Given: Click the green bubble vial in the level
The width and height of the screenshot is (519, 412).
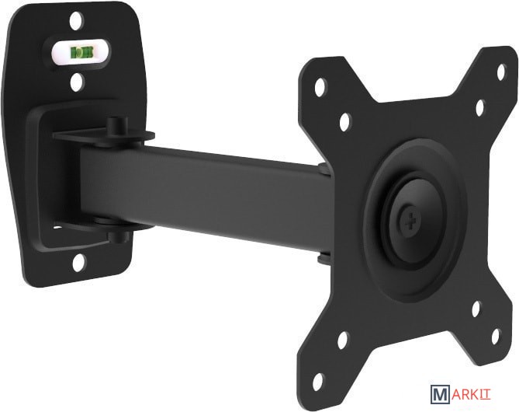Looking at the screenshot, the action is (x=81, y=52).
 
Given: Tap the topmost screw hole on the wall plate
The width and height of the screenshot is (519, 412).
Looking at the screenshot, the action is (x=77, y=20).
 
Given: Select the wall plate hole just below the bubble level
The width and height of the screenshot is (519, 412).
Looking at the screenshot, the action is (x=77, y=82).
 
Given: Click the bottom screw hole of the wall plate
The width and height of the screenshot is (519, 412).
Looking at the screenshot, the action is (x=79, y=263).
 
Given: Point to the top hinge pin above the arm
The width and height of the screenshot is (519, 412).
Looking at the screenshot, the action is (x=117, y=125).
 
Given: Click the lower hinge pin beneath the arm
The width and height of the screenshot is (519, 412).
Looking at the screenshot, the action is (x=119, y=237).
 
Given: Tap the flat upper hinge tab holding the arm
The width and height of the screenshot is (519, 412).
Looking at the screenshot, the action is (x=103, y=137).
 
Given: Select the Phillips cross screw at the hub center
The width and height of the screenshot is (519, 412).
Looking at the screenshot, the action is (x=410, y=222).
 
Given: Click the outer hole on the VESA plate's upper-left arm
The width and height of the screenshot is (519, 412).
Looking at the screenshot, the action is (x=320, y=87).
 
